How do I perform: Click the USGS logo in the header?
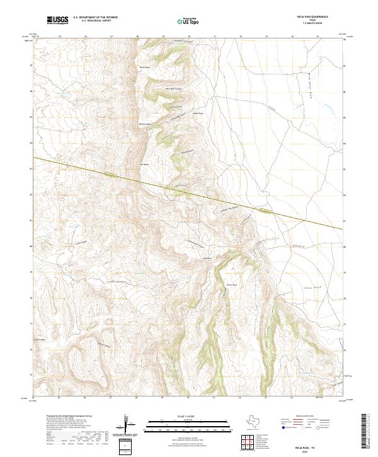coord(58,21)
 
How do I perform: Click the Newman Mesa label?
coord(146,124)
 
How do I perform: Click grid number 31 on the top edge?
coord(215,37)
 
